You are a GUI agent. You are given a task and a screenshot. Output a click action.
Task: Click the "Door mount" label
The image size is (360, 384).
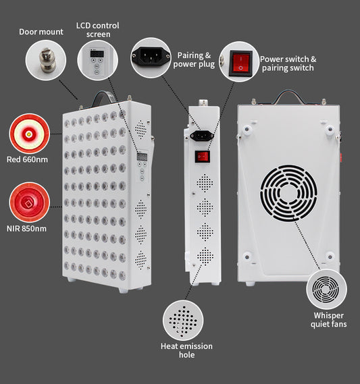[41, 32]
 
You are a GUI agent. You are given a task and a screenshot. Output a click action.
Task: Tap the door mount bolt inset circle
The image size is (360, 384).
[46, 60]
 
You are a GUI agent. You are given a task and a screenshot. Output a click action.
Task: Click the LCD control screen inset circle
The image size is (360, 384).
[97, 60]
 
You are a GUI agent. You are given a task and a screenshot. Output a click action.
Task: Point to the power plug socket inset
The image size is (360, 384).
[151, 57]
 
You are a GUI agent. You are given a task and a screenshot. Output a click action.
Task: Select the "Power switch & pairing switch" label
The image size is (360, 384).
[288, 63]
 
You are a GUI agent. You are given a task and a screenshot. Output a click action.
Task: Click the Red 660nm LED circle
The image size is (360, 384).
[29, 133]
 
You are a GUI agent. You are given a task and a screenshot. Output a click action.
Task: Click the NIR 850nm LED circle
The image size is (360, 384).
[29, 202]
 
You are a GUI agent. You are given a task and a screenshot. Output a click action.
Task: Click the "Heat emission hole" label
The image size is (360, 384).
[186, 350]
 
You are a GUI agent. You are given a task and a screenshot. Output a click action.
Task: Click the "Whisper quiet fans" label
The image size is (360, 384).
[328, 320]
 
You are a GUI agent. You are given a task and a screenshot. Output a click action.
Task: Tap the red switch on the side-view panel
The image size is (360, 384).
[201, 157]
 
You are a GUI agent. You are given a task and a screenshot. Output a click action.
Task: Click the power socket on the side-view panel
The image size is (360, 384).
[200, 135]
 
